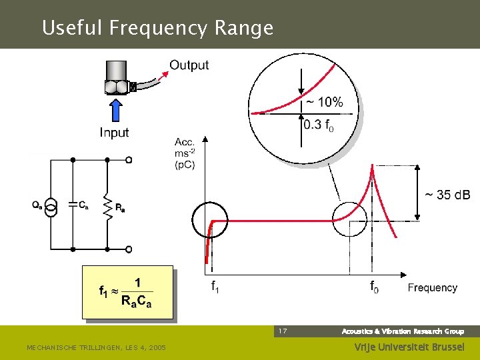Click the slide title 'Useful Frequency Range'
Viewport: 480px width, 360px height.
pos(157,28)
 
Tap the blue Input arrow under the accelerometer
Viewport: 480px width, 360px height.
pos(115,109)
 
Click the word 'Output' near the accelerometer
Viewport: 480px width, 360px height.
pos(189,65)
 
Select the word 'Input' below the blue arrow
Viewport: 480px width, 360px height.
pos(114,133)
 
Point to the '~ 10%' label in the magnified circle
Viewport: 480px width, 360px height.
pos(325,102)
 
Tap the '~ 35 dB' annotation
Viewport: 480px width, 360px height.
pos(448,195)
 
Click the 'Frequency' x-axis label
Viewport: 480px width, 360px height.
pos(433,288)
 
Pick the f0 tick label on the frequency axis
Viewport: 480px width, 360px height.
pos(375,287)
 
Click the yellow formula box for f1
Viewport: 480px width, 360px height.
pos(127,292)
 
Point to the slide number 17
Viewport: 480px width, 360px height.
pos(283,331)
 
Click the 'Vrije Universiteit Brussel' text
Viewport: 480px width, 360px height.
pos(409,347)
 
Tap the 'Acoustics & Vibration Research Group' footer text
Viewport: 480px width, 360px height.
pos(403,331)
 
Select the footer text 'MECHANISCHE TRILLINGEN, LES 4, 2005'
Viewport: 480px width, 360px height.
pos(96,348)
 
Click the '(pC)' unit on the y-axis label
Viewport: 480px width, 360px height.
pos(185,165)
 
